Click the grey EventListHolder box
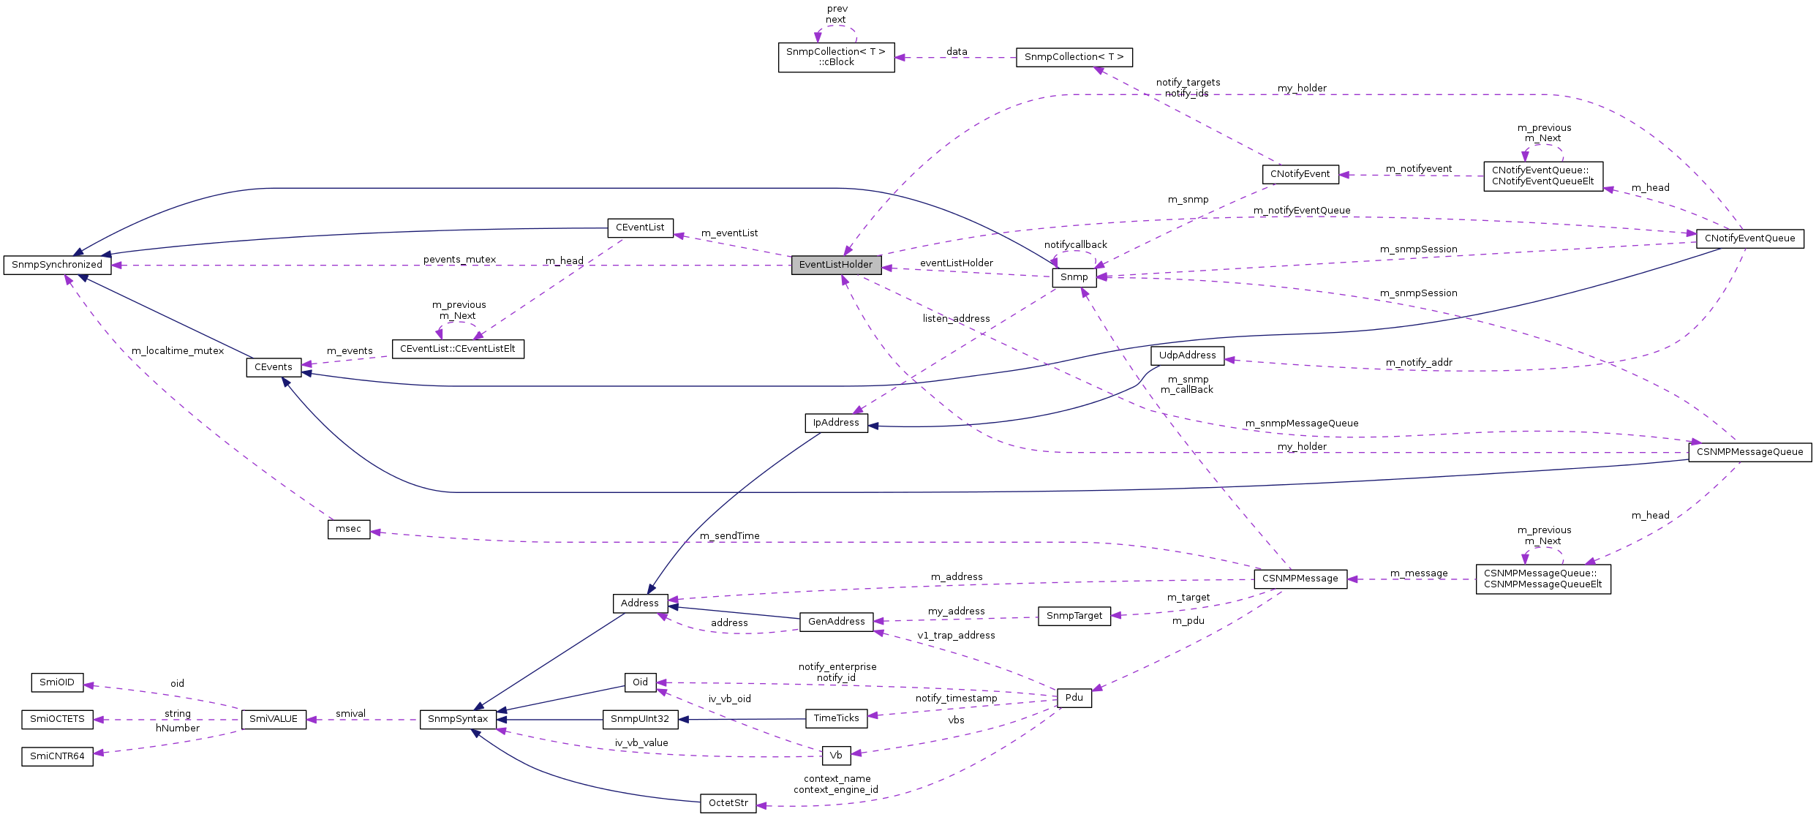tap(836, 265)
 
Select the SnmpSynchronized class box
tap(57, 265)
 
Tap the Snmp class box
tap(1074, 277)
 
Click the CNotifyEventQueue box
tap(1749, 238)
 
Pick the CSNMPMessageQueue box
tap(1749, 452)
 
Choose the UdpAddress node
tap(1187, 355)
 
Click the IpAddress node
tap(836, 423)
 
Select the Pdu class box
tap(1074, 698)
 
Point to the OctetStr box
tap(728, 803)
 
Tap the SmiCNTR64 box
tap(57, 756)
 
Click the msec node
tap(348, 529)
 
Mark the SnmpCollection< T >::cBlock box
tap(835, 57)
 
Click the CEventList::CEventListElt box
tap(458, 349)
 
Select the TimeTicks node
tap(836, 718)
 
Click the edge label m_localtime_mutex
tap(178, 351)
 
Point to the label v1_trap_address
tap(956, 636)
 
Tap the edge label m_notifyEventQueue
tap(1302, 211)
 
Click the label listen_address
tap(956, 319)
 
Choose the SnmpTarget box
tap(1074, 616)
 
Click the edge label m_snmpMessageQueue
tap(1302, 423)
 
